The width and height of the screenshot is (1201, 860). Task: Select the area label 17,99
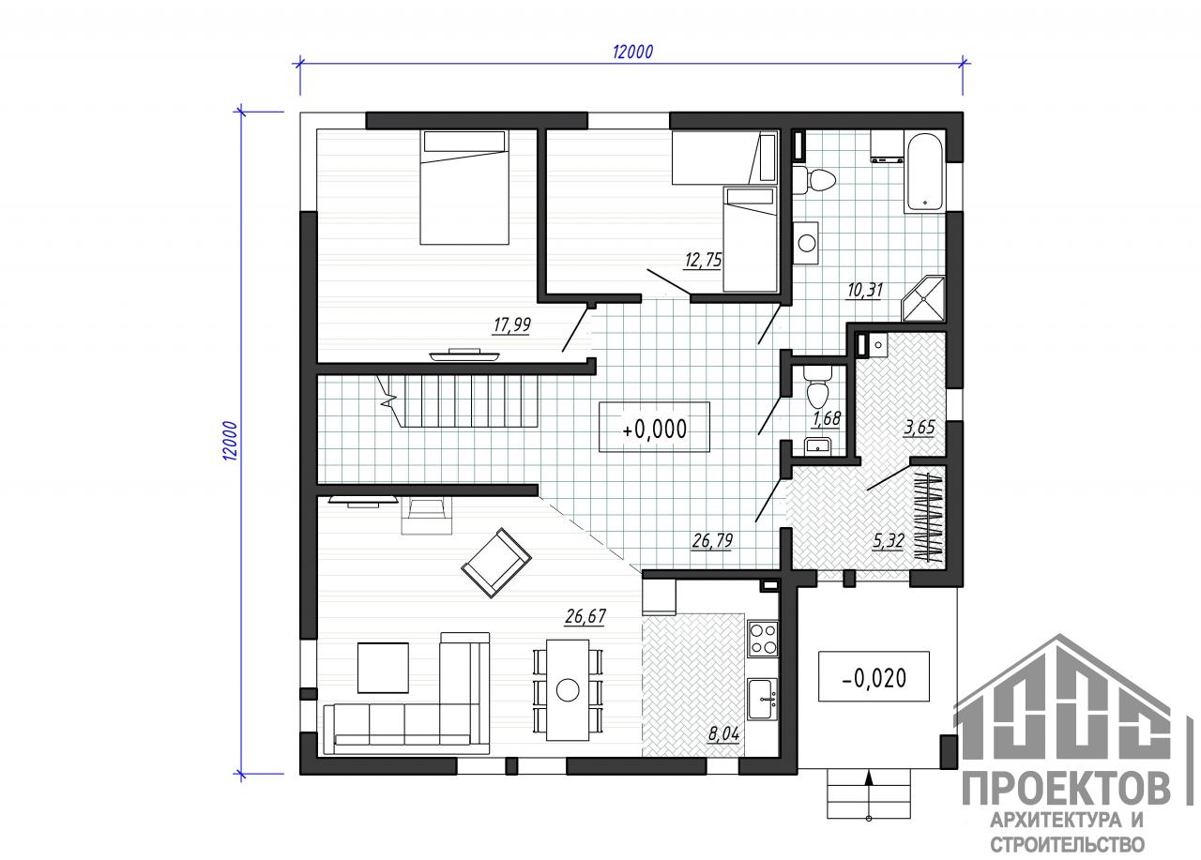tap(511, 325)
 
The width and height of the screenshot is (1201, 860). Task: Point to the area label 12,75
tap(703, 261)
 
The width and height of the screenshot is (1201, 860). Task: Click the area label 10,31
tap(864, 291)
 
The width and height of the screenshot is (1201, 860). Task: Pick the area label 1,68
tap(827, 418)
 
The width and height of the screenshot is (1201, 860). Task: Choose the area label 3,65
tap(919, 428)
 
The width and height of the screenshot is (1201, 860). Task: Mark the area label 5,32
tap(889, 541)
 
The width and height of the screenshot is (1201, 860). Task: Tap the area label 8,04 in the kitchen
tap(723, 734)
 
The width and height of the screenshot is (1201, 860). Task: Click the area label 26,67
tap(585, 617)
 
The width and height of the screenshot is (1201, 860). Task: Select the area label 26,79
tap(712, 540)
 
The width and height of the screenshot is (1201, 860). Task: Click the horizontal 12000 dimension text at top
tap(632, 52)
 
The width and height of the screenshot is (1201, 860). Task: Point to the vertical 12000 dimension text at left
tap(230, 441)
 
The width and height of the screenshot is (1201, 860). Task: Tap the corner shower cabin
tap(923, 298)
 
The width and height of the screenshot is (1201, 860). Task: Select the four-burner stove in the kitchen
tap(763, 639)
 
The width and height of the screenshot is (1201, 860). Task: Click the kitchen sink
tap(763, 700)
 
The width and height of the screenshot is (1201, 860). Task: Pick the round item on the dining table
tap(568, 689)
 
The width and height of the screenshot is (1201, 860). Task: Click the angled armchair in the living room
tap(496, 563)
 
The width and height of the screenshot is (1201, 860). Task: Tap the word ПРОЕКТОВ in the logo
tap(1067, 789)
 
